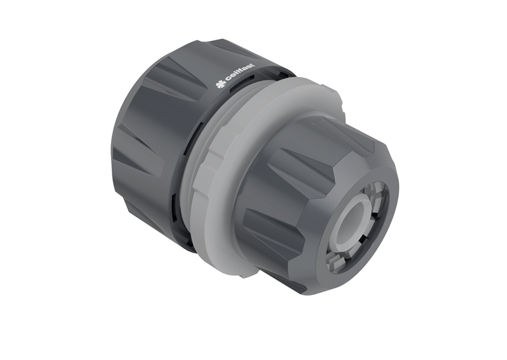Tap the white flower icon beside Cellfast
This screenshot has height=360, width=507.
tap(220, 83)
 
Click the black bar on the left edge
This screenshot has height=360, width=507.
tap(36, 180)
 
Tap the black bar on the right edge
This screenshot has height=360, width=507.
tap(470, 180)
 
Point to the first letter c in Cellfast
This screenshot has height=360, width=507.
tap(228, 76)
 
